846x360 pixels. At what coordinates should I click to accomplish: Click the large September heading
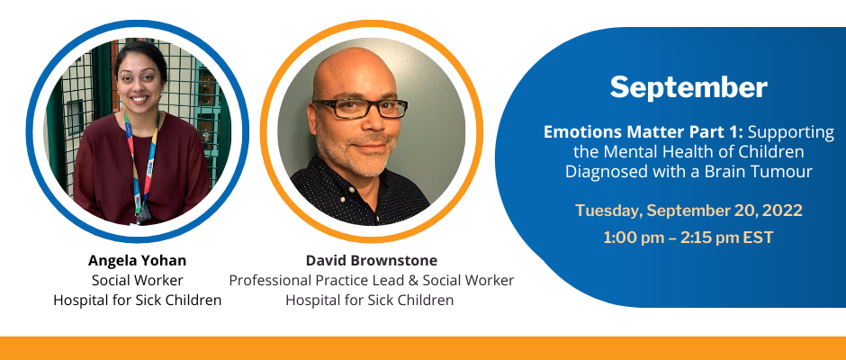688,88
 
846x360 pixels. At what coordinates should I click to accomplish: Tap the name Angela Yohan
137,261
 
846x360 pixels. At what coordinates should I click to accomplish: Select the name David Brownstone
371,261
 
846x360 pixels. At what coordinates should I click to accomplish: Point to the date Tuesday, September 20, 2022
688,211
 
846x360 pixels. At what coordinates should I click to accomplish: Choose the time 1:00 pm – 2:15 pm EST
688,238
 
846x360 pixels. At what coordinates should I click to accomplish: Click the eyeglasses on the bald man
359,108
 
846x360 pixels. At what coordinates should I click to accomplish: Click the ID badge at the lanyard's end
144,215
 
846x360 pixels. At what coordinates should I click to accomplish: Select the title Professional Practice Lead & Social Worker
371,280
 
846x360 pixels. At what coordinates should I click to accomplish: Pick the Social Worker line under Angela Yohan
137,280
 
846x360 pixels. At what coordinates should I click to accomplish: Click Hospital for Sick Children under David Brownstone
370,300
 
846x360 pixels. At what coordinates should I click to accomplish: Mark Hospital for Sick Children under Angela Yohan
137,300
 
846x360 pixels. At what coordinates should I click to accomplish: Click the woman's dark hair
140,54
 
